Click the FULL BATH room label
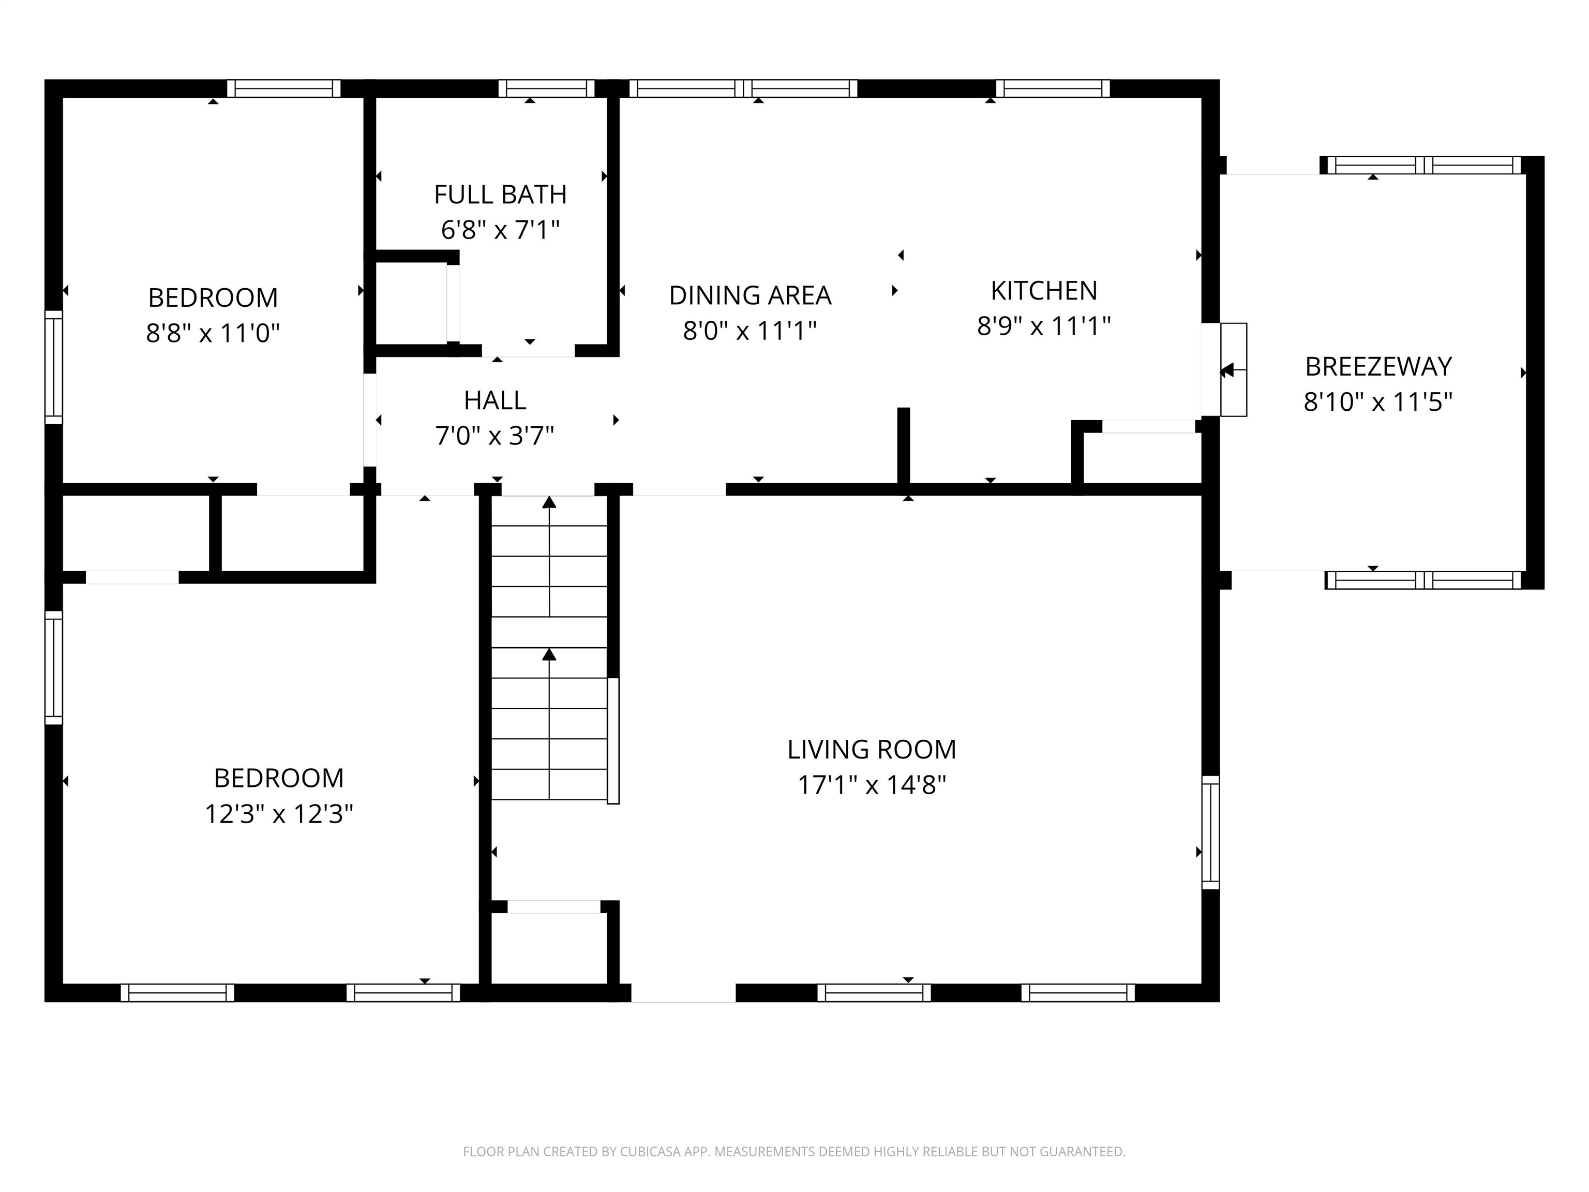pos(500,195)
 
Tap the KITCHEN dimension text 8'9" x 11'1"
pos(1043,326)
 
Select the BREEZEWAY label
pos(1378,366)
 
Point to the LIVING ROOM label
pos(872,750)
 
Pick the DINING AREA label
pos(750,295)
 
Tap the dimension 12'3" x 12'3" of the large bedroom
pos(279,814)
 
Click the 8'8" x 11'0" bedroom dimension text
pos(213,333)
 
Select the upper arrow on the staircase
pos(549,503)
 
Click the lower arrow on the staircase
pos(549,654)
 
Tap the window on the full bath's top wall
pos(547,88)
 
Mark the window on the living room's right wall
pos(1210,832)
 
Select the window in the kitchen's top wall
pos(1053,88)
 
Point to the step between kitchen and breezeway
pos(1234,369)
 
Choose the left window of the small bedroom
pos(54,367)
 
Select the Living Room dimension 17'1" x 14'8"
pos(872,785)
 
